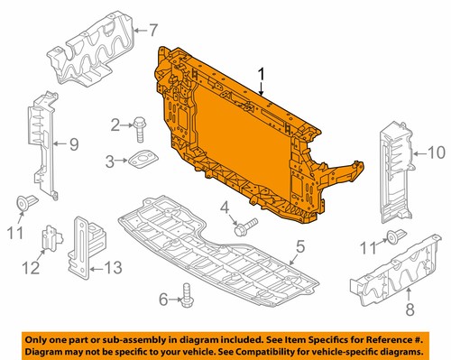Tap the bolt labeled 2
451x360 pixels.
142,126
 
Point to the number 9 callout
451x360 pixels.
75,143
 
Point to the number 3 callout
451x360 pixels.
110,162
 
